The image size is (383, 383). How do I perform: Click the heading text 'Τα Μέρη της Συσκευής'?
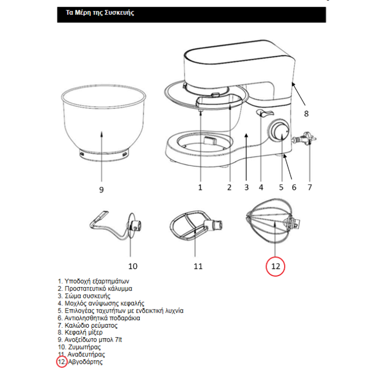tap(100, 13)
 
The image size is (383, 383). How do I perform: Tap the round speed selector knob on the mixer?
tap(278, 130)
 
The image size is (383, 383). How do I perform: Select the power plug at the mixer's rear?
tap(304, 138)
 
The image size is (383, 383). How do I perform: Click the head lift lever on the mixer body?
tap(265, 113)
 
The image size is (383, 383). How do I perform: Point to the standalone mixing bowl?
tap(103, 123)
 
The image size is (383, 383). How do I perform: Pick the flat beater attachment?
tap(196, 224)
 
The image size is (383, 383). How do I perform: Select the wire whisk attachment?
tap(273, 221)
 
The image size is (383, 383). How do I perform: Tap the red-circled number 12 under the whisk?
tap(276, 266)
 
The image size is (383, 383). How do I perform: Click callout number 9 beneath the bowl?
tap(102, 189)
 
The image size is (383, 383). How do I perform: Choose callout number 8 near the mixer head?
tap(306, 114)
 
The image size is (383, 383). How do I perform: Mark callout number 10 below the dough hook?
tap(132, 266)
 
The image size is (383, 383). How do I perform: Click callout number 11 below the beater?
tap(198, 266)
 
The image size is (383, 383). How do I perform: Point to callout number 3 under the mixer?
tap(246, 187)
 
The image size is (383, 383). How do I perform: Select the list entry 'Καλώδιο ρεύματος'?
tap(87, 326)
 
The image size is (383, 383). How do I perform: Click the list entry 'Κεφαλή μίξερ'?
tap(80, 332)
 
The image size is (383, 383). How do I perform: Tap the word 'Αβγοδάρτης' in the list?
tap(85, 362)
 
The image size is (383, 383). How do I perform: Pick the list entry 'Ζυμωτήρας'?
tap(79, 347)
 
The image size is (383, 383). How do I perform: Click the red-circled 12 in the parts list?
tap(62, 362)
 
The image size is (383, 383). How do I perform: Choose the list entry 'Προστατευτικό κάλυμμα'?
tap(95, 288)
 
